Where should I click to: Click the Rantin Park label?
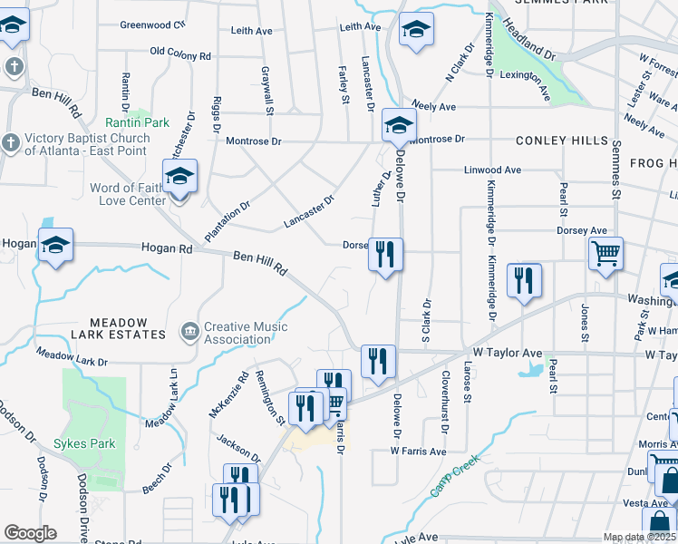pos(137,122)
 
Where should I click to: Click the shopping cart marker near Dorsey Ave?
pos(605,253)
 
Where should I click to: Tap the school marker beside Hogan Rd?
pos(55,245)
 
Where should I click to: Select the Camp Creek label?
pos(451,481)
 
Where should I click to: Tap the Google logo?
pos(29,533)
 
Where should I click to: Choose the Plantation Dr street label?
pos(227,220)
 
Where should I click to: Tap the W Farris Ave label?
pos(418,451)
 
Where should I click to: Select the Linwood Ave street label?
pos(492,170)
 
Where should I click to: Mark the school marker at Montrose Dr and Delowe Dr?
pos(397,126)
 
